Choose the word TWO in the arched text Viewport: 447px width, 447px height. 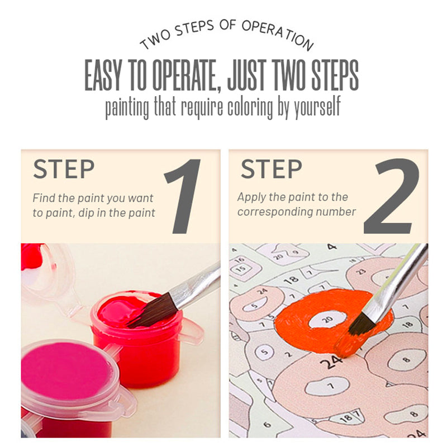pyautogui.click(x=155, y=40)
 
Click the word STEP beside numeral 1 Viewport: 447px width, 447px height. pyautogui.click(x=64, y=169)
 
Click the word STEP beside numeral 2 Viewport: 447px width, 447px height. pyautogui.click(x=271, y=169)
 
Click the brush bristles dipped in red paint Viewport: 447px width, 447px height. pyautogui.click(x=153, y=311)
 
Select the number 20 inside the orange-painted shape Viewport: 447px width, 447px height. pyautogui.click(x=327, y=319)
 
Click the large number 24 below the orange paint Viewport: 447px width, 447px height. pyautogui.click(x=331, y=362)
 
